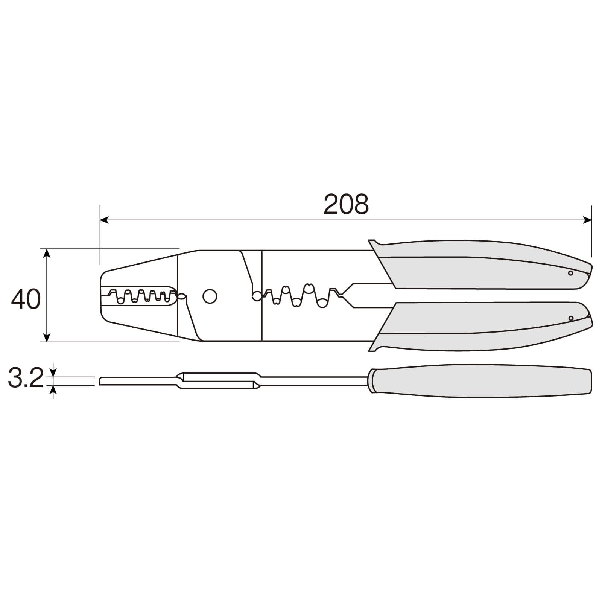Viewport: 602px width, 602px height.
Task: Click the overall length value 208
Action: pos(346,204)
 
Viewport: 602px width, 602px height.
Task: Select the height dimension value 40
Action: pos(26,299)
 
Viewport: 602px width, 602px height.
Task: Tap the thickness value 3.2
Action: pos(26,379)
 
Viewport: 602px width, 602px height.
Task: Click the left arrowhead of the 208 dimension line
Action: pos(104,220)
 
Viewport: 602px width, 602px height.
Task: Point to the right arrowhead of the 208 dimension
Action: pos(587,220)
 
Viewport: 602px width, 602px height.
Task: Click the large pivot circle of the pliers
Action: pos(210,296)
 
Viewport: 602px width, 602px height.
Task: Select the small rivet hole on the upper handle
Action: pos(570,273)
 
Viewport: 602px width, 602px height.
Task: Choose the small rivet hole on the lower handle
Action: pos(571,318)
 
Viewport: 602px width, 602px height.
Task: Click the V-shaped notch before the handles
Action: pos(348,296)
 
